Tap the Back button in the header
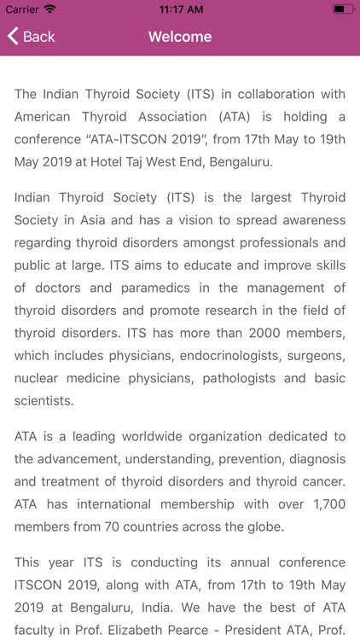[32, 37]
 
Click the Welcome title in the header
[180, 37]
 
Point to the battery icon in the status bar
[343, 9]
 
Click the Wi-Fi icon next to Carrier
[50, 9]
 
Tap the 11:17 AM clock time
[180, 9]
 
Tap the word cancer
[323, 481]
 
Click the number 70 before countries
[116, 526]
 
